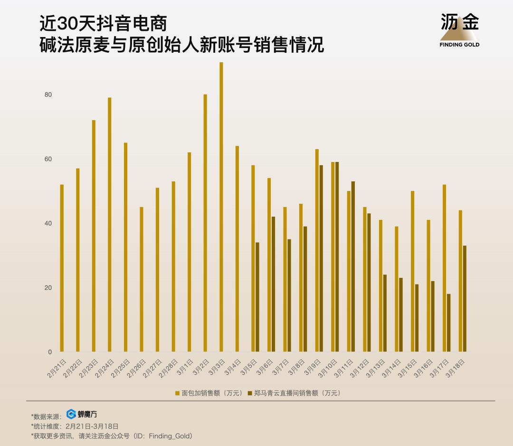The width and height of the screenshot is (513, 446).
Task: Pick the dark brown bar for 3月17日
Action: (448, 323)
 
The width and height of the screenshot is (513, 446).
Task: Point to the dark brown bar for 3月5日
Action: (257, 297)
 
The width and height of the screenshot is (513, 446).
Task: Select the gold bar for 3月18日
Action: (460, 281)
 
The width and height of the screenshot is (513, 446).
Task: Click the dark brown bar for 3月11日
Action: (353, 266)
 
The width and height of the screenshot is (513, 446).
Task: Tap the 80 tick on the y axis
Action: (48, 95)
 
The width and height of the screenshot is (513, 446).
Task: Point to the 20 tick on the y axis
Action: (48, 288)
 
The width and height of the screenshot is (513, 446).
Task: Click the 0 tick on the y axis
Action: (50, 352)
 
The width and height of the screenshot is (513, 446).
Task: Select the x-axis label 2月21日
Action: (57, 369)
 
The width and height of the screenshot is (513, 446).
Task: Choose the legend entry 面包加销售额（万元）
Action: (209, 393)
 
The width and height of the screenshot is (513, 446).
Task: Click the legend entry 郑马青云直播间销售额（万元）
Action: (294, 393)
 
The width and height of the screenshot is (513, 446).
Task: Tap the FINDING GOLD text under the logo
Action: (459, 45)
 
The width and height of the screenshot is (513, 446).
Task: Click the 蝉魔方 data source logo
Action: (82, 414)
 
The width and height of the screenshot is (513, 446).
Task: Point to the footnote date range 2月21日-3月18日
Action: (92, 426)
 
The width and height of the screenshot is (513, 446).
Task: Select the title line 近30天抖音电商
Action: (104, 24)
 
